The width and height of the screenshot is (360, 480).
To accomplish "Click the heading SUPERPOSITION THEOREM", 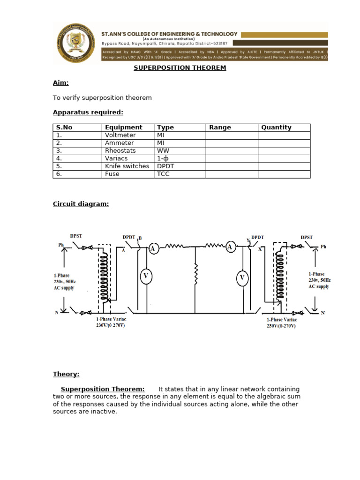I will click(180, 68).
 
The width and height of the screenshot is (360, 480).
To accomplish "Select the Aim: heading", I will click(61, 83).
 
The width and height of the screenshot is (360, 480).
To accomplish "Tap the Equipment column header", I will click(123, 127).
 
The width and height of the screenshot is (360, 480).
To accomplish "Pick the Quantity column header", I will click(276, 127).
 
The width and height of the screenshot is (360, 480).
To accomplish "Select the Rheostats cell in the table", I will click(120, 151).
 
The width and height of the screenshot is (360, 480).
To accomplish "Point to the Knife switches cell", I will click(127, 166).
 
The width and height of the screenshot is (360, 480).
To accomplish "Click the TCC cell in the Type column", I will click(164, 174).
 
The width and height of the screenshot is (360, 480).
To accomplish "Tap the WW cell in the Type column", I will click(163, 151).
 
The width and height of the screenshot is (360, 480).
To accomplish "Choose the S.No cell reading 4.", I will click(59, 158).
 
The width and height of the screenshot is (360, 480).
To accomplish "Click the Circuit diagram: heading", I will click(81, 204).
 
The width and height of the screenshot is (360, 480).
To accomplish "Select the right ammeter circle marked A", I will click(230, 247).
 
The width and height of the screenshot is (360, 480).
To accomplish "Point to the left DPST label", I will click(76, 236).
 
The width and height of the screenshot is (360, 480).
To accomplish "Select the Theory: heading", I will click(66, 374).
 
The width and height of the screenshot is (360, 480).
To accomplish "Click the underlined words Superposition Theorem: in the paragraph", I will click(103, 390).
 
